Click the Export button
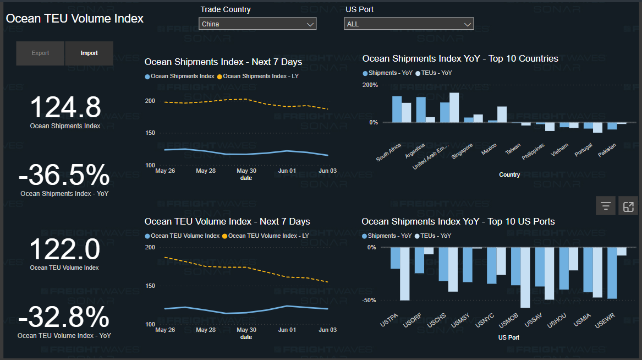coord(40,53)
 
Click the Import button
coord(89,53)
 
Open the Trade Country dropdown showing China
coord(257,24)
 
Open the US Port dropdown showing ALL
coord(408,24)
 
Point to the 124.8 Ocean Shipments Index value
coord(65,107)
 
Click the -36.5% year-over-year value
coord(64,176)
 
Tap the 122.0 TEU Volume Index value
coord(64,250)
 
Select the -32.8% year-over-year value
coord(64,318)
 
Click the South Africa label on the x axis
coord(389,152)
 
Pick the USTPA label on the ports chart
coord(389,320)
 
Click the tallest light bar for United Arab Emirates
coord(454,107)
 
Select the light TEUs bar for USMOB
coord(525,277)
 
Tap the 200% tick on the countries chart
coord(370,85)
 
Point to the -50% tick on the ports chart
coord(369,300)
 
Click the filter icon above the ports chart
coord(606,206)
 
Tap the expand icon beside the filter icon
coord(628,206)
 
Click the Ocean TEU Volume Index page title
coord(74,19)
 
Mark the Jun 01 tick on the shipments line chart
coord(287,171)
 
